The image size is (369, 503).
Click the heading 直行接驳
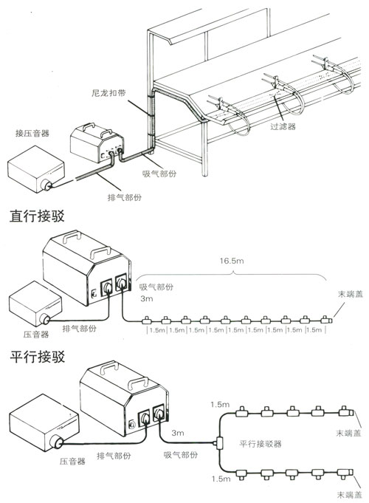click(37, 216)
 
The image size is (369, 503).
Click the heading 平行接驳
click(37, 357)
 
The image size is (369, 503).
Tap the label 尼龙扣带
click(108, 93)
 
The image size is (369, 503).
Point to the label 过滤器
click(283, 126)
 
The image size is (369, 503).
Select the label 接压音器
click(32, 133)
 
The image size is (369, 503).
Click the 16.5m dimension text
click(232, 261)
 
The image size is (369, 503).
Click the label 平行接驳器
click(261, 444)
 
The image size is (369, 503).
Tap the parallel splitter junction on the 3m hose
click(220, 443)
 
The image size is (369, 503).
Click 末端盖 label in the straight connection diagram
click(350, 294)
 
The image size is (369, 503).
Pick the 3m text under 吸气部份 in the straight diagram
click(147, 298)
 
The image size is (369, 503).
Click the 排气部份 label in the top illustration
click(124, 197)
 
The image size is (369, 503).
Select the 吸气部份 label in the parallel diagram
click(181, 454)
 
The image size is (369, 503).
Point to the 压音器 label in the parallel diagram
click(72, 462)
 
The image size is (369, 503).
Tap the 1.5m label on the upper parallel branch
click(220, 405)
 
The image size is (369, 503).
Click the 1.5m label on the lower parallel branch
click(221, 479)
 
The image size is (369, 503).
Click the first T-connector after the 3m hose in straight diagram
click(147, 320)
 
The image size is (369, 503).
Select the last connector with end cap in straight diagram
click(327, 320)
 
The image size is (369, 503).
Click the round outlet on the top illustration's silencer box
click(46, 185)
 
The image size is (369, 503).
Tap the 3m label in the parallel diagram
click(178, 433)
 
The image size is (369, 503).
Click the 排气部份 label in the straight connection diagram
click(79, 328)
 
